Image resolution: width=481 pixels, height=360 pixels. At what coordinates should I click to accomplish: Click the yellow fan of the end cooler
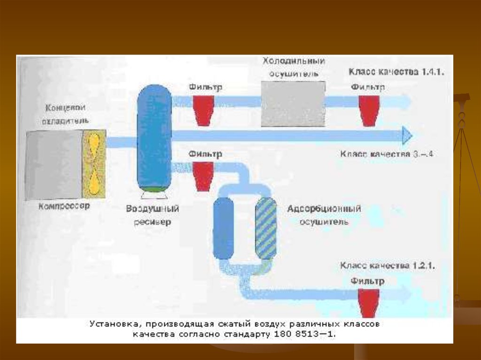pos(94,164)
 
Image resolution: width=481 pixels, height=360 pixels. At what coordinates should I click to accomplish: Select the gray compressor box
pos(54,164)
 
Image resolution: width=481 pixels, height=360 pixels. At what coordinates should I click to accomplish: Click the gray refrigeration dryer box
pos(293,104)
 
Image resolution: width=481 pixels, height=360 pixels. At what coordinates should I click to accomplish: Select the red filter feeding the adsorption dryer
pos(204,176)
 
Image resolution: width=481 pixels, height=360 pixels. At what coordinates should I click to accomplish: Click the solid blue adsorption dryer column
pos(223,228)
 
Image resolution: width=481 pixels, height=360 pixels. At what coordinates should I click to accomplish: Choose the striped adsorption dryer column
pos(266,228)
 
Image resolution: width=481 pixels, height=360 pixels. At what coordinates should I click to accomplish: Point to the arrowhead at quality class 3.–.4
pos(407,136)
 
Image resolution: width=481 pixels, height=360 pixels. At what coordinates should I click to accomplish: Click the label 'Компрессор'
pos(64,206)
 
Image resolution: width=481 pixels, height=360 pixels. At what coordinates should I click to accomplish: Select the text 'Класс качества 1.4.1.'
pos(396,72)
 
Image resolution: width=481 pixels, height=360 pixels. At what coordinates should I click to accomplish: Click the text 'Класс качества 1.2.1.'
pos(388,266)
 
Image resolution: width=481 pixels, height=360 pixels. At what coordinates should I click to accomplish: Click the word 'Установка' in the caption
pos(111,324)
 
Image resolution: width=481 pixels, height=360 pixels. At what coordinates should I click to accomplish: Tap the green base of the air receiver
pos(154,189)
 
